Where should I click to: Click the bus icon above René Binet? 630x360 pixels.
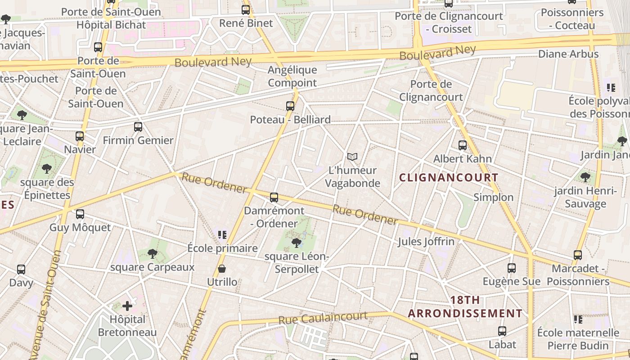tap(246, 9)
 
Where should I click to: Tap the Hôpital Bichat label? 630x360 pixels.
tap(112, 25)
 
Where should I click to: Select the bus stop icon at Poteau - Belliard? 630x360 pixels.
tap(290, 106)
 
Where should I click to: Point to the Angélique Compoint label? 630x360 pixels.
tap(292, 76)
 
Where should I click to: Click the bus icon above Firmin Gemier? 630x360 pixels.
tap(138, 127)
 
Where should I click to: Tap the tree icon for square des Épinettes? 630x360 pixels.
tap(46, 169)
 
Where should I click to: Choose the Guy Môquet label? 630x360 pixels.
tap(80, 227)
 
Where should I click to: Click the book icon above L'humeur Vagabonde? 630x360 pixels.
tap(352, 157)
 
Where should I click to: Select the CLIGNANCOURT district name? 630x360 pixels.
tap(449, 177)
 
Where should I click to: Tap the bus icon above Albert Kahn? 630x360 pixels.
tap(463, 145)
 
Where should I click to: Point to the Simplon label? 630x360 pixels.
tap(493, 197)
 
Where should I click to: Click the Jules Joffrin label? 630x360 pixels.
tap(426, 242)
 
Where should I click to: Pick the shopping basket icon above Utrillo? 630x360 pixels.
tap(222, 269)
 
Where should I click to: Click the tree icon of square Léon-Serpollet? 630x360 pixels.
tap(296, 243)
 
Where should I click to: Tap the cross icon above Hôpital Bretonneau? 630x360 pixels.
tap(127, 306)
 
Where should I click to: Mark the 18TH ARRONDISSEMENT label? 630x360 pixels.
tap(465, 306)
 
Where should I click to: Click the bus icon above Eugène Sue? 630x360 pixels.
tap(512, 268)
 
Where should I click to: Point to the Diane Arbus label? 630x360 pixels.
tap(568, 54)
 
